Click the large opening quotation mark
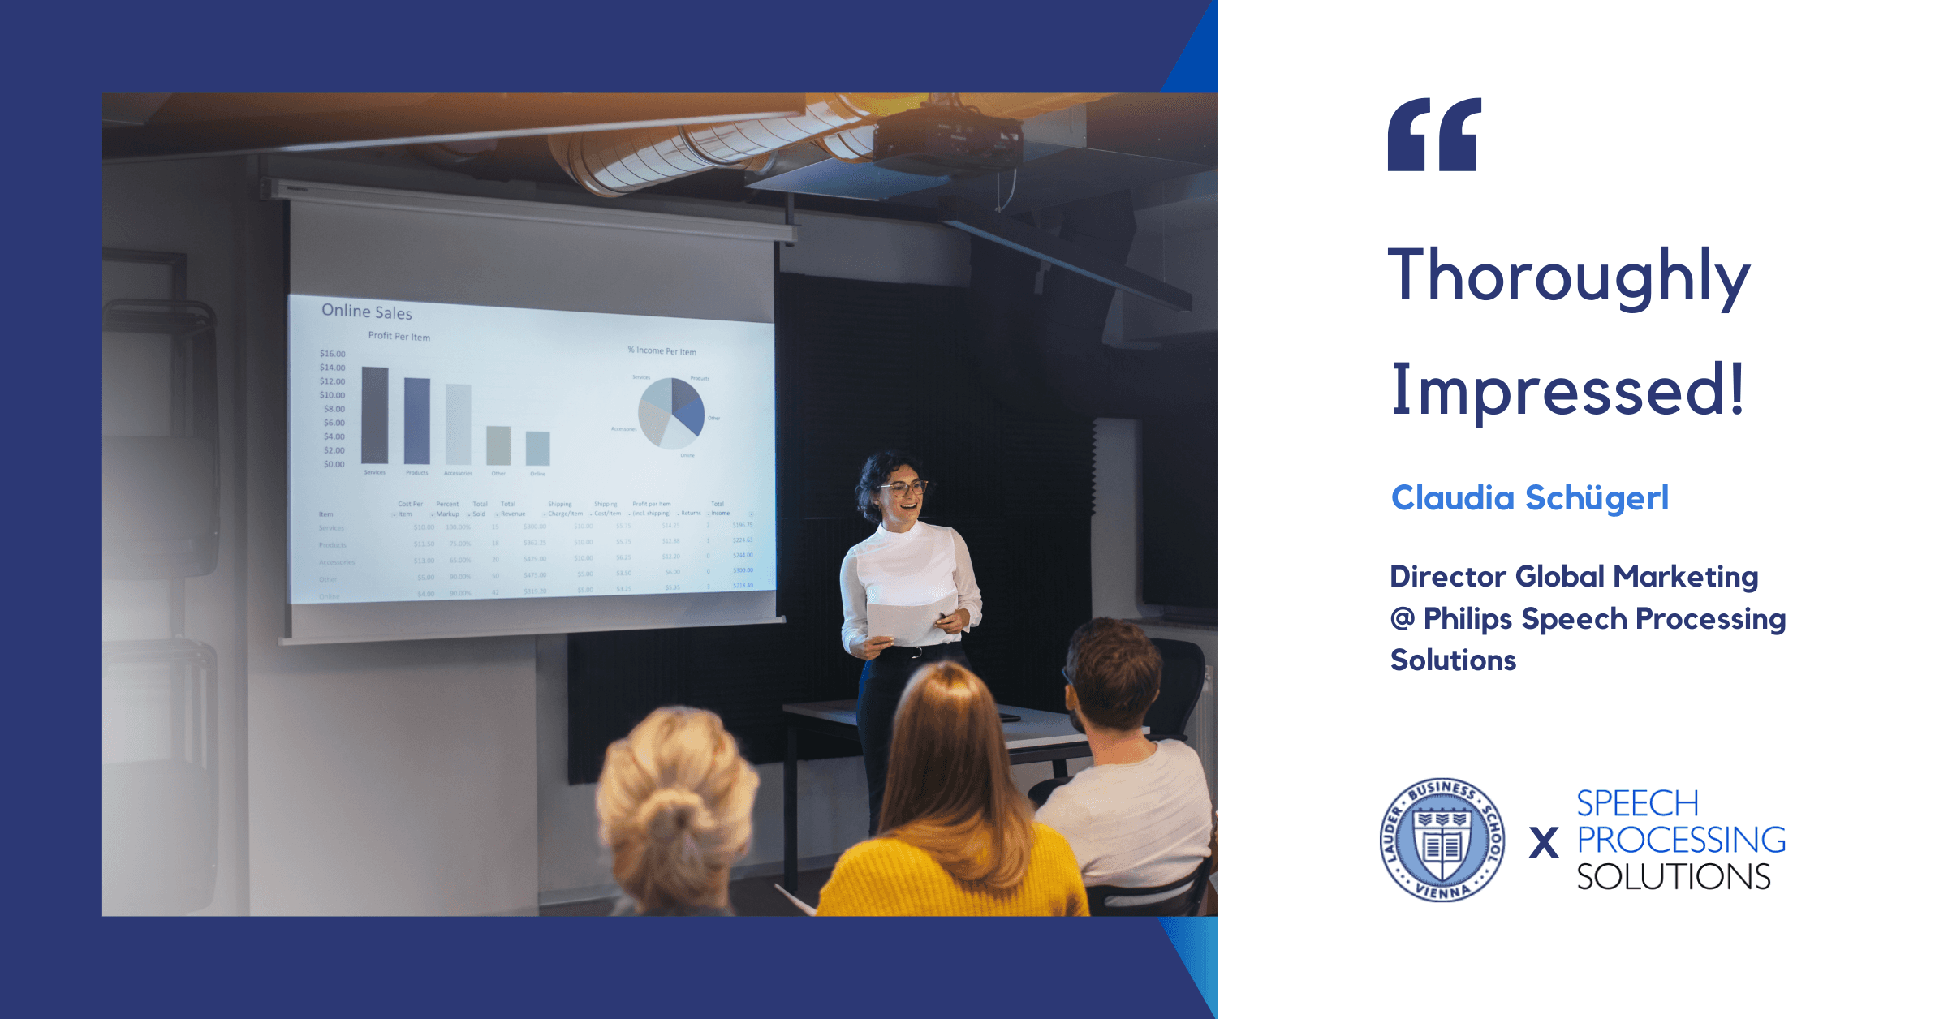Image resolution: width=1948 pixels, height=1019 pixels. pyautogui.click(x=1434, y=135)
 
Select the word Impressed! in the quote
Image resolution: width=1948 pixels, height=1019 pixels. pyautogui.click(x=1567, y=391)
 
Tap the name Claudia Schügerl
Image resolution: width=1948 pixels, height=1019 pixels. pyautogui.click(x=1529, y=498)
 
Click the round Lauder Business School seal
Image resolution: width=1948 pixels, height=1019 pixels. pyautogui.click(x=1442, y=841)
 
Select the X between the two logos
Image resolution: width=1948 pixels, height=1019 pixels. pyautogui.click(x=1543, y=843)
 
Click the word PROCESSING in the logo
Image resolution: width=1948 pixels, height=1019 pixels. pyautogui.click(x=1681, y=841)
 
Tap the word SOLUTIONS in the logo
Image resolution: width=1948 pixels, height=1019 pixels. pyautogui.click(x=1673, y=877)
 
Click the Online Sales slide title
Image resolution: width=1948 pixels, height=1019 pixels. pyautogui.click(x=367, y=312)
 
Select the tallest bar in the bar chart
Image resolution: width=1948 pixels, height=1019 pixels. pyautogui.click(x=374, y=415)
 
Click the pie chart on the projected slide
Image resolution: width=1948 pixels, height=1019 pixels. pyautogui.click(x=671, y=413)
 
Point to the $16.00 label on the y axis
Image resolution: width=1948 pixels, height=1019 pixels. pyautogui.click(x=332, y=354)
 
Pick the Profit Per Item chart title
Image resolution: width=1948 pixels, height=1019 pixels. pyautogui.click(x=399, y=336)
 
